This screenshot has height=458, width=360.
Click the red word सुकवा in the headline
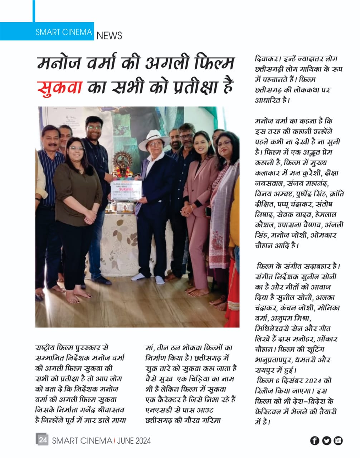60,88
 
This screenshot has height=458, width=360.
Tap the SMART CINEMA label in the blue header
64,32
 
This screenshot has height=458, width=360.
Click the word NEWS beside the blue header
109,35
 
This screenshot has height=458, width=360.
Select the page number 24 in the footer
43,440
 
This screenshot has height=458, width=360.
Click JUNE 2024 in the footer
135,440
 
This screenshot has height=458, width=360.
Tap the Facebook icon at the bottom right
315,440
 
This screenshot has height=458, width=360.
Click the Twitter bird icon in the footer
326,440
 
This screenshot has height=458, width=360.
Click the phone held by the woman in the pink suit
208,211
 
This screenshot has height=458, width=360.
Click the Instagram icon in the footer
338,440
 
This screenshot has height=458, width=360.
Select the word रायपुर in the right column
266,370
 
